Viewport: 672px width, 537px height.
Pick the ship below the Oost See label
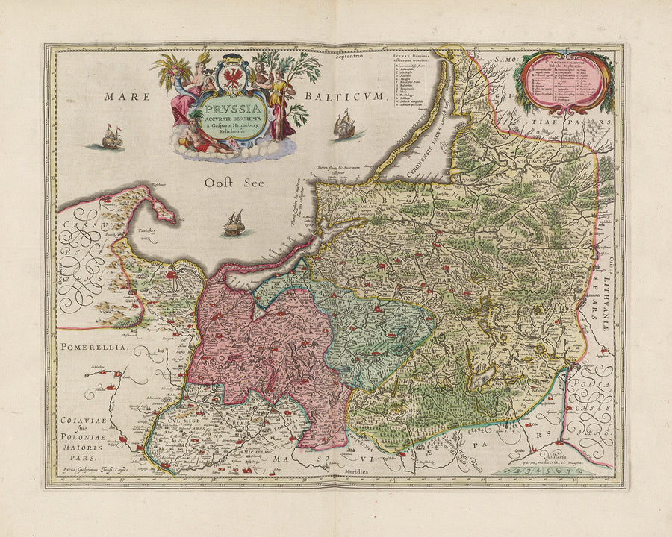pyautogui.click(x=234, y=223)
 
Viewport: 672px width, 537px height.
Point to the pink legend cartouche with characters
pyautogui.click(x=567, y=82)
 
